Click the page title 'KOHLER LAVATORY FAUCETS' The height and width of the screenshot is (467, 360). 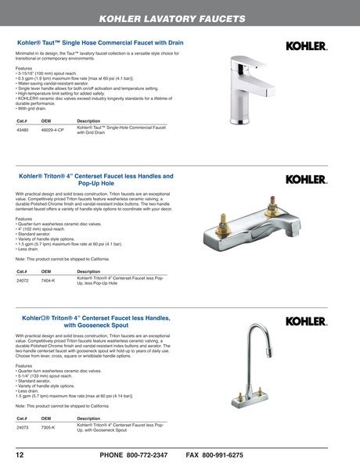tap(179, 17)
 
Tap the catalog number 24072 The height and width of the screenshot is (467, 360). tap(23, 279)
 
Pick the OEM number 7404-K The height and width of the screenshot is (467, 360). tap(48, 279)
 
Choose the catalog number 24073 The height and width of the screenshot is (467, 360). tap(23, 428)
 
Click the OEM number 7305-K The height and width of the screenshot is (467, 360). tap(48, 428)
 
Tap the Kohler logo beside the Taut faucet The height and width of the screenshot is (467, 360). tap(306, 46)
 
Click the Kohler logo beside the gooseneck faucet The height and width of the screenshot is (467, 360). tap(306, 321)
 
